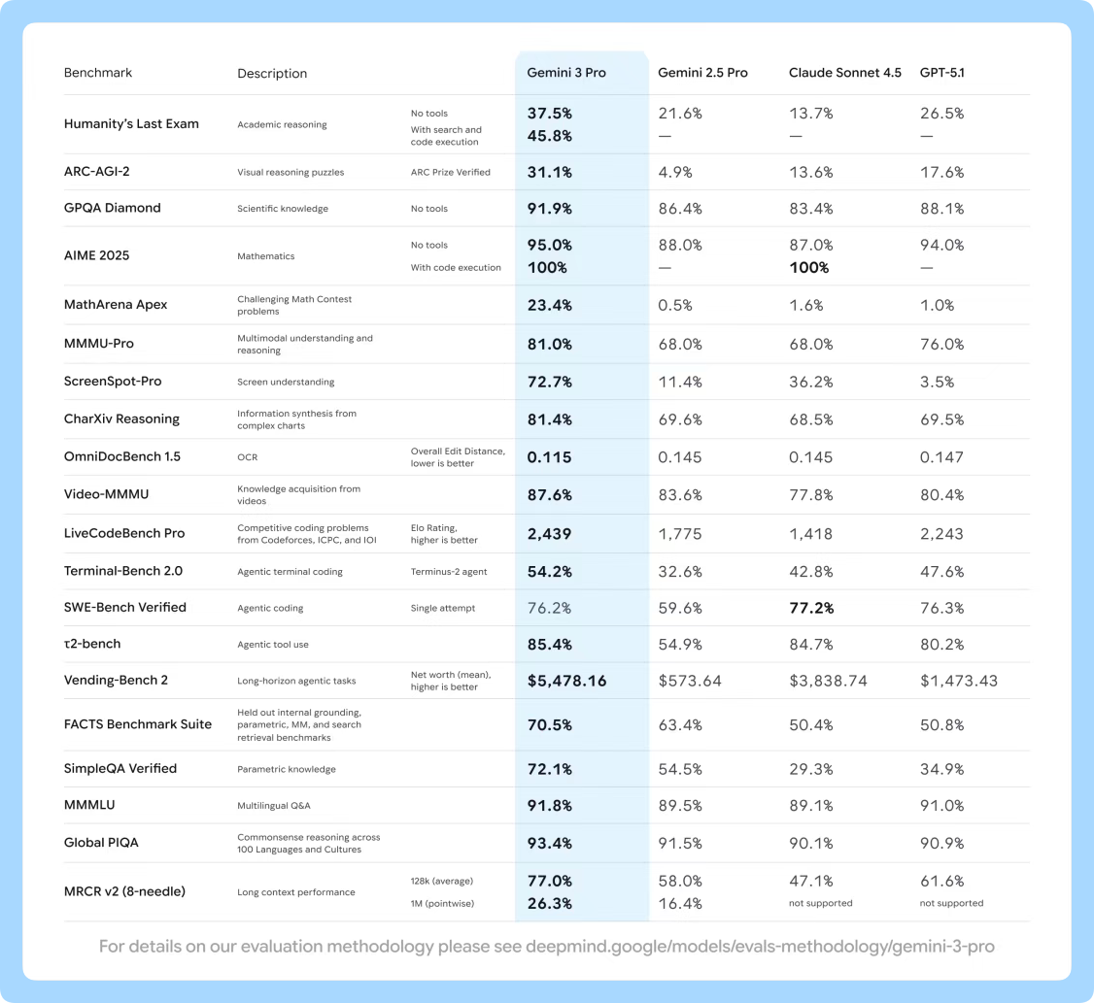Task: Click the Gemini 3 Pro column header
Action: pos(565,73)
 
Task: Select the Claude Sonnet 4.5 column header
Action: pos(844,73)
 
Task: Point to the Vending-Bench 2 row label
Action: pos(116,680)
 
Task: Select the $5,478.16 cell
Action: pos(566,681)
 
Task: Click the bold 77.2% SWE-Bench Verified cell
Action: pos(811,608)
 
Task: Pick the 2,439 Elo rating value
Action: pos(549,533)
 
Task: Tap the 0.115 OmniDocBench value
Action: pos(549,457)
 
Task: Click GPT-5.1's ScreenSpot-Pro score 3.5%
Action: pos(937,382)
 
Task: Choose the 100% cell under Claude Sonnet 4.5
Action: pos(808,267)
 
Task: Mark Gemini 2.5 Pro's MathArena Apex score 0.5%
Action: pos(675,305)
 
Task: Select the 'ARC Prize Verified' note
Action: pos(450,173)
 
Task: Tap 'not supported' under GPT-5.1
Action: pos(951,903)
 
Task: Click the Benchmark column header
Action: pos(98,73)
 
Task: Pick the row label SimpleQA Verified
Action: pos(120,768)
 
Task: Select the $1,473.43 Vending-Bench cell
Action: pos(958,681)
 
